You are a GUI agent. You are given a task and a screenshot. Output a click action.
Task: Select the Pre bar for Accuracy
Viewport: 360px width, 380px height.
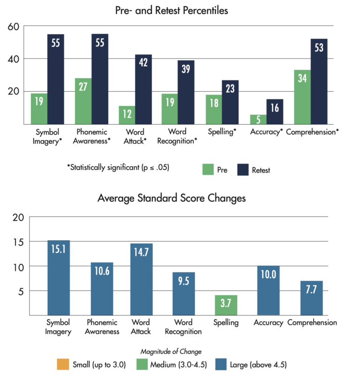pyautogui.click(x=258, y=119)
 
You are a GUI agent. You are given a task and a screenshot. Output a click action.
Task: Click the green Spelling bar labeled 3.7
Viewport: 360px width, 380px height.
pyautogui.click(x=226, y=305)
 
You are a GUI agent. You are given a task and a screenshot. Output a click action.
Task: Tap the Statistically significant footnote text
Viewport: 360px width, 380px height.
pyautogui.click(x=118, y=167)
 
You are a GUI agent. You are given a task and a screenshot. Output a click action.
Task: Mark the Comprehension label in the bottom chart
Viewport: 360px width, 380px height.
pyautogui.click(x=312, y=322)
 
